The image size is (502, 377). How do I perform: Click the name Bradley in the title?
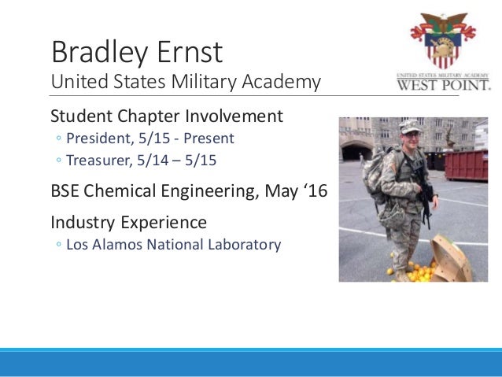point(100,53)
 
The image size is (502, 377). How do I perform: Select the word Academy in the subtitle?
point(281,82)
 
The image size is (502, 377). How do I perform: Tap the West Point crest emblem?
point(443,40)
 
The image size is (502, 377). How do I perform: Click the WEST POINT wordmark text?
point(444,85)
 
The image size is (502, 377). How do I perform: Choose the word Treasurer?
point(99,160)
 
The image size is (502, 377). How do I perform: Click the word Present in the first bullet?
point(209,139)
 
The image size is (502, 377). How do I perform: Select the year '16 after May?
point(315,190)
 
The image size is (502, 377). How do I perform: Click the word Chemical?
point(120,190)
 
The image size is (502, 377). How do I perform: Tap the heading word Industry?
point(83,223)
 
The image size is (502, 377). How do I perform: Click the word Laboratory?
point(244,245)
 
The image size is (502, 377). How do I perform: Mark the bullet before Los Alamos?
point(58,245)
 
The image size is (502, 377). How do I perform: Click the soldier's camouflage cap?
point(409,127)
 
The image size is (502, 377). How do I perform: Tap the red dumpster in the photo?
point(466,165)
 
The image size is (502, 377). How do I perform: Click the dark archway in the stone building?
point(356,151)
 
